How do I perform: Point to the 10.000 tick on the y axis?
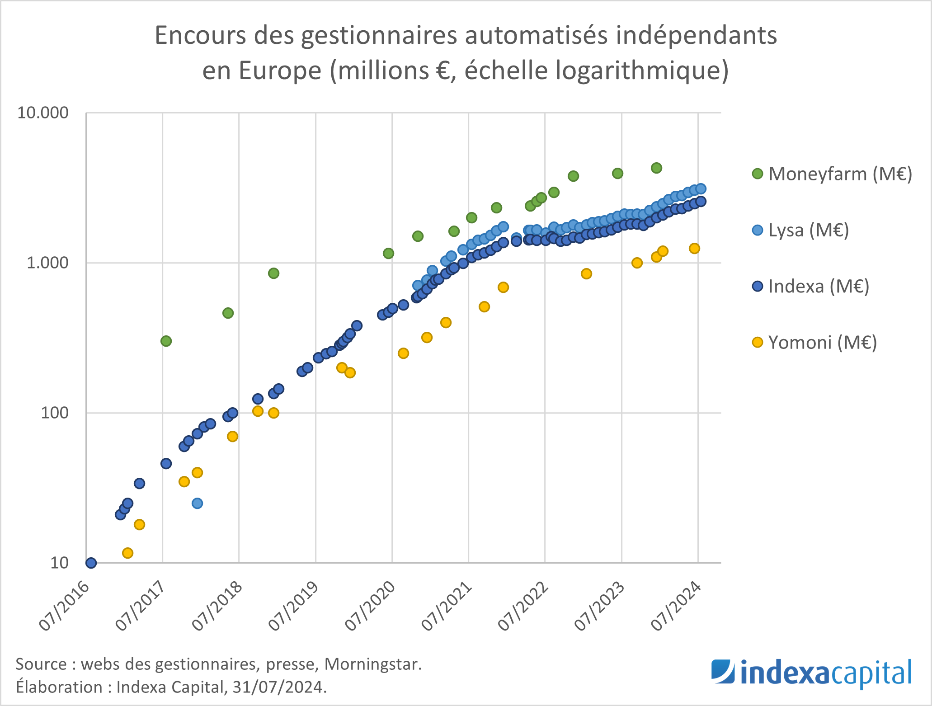tap(43, 113)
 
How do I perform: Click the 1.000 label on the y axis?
tap(47, 263)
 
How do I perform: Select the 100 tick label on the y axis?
tap(55, 413)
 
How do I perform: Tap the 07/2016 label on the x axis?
tap(64, 606)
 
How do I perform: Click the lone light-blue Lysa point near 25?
tap(197, 503)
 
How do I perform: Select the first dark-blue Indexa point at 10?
tap(91, 563)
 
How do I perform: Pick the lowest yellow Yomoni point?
tap(127, 553)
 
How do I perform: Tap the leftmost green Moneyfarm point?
tap(166, 341)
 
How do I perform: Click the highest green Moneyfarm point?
tap(656, 168)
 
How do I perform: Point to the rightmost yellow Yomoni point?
tap(694, 248)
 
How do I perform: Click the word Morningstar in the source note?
tap(373, 664)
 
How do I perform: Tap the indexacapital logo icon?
tap(723, 672)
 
